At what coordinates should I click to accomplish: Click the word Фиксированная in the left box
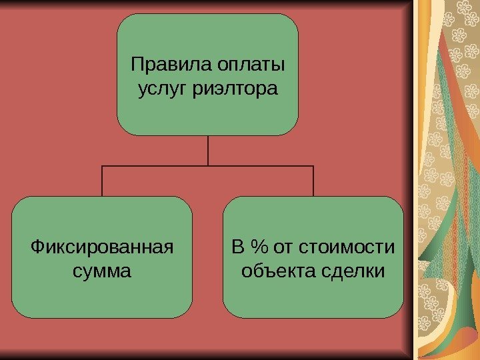tap(102, 249)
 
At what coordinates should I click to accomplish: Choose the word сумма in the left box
tap(102, 272)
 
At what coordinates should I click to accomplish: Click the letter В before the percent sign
tap(238, 249)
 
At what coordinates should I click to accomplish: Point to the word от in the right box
tap(283, 249)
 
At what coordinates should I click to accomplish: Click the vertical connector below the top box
tap(208, 150)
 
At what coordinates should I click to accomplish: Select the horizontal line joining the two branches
tap(153, 166)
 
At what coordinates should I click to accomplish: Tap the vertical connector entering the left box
tap(102, 181)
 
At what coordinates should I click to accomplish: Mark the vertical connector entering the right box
tap(313, 181)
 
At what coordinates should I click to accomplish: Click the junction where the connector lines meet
tap(208, 166)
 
